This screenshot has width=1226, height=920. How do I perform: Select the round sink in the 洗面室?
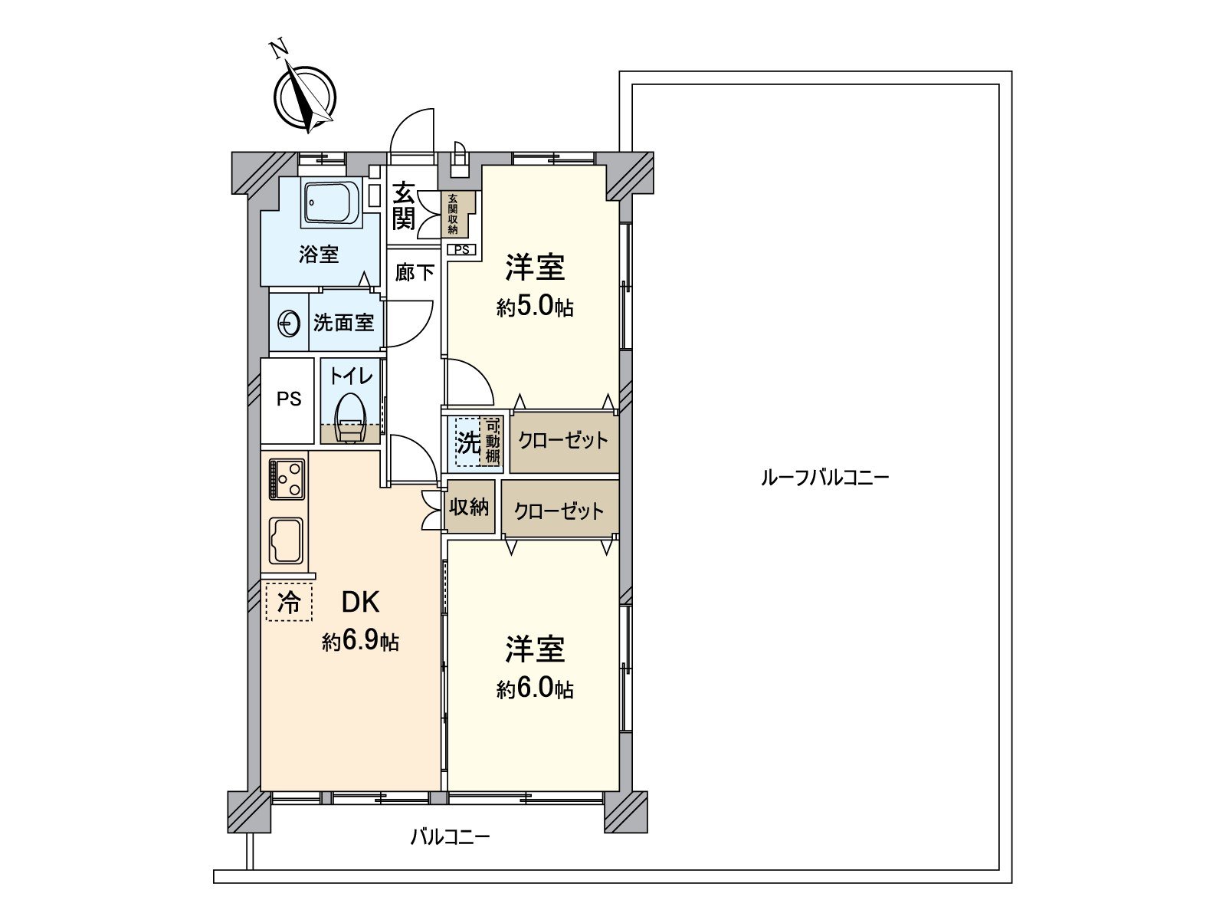point(289,324)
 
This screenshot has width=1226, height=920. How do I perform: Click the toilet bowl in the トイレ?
point(350,418)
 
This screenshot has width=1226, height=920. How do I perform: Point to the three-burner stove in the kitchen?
point(287,478)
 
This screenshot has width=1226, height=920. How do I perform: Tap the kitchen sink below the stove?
point(286,540)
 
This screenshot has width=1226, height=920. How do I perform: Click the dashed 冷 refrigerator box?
point(289,603)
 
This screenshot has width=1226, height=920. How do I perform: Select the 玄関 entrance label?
point(404,205)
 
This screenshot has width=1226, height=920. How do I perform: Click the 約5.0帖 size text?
point(535,307)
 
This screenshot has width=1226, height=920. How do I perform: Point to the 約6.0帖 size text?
point(535,689)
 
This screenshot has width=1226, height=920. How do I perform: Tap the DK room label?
point(360,603)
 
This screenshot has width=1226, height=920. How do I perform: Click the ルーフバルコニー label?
point(824,478)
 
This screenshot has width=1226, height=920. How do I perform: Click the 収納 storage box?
point(469,507)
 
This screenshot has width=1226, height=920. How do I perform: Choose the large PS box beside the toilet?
point(288,399)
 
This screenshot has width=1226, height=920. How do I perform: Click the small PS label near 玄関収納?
point(461,249)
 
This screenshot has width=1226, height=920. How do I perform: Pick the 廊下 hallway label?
point(415,272)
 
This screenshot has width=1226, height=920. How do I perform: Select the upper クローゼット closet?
point(563,441)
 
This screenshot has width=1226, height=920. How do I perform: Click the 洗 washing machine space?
point(467,442)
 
